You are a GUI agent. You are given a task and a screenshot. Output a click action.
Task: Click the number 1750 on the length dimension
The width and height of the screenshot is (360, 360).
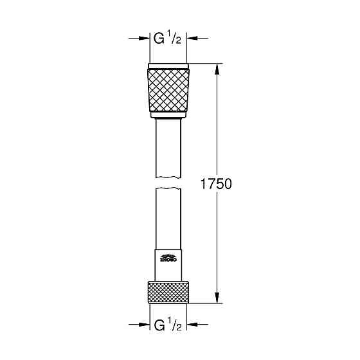[216, 183]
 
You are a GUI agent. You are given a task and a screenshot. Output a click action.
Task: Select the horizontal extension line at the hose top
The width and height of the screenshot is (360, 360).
[206, 63]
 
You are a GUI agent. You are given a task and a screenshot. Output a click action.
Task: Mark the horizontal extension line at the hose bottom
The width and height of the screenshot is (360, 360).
[206, 302]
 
